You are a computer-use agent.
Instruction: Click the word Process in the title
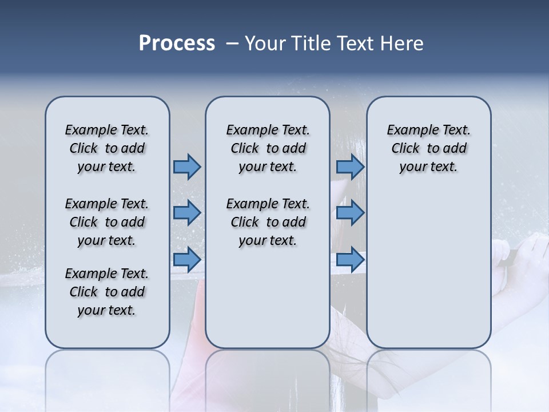pos(177,43)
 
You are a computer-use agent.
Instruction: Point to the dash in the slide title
pos(232,44)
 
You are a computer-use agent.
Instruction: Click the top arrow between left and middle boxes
pos(187,167)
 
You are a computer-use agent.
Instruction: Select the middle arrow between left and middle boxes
pos(187,213)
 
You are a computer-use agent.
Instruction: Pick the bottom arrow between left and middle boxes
pos(187,259)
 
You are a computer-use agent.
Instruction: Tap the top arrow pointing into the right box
pos(350,167)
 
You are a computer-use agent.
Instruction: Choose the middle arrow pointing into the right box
pos(350,213)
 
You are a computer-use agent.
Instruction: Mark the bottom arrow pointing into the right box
pos(350,259)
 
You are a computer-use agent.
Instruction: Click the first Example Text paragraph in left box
pos(107,148)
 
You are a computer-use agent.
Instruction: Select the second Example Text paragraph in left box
pos(107,222)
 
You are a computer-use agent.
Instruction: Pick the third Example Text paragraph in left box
pos(107,292)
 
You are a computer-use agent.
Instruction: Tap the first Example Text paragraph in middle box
pos(268,148)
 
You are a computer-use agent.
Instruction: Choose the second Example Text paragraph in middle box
pos(268,222)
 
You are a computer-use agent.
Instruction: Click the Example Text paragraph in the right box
pos(428,148)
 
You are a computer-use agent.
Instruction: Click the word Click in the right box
pos(405,148)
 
